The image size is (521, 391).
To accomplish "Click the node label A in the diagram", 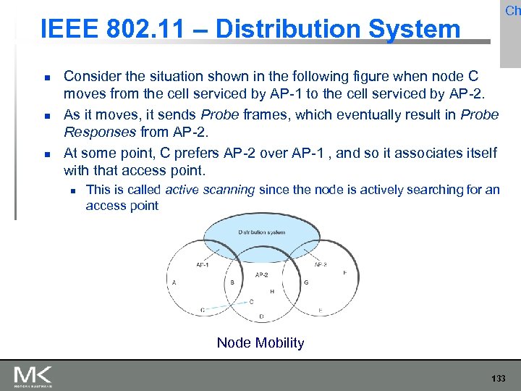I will click(174, 282).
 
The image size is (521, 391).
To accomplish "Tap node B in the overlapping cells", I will click(232, 282).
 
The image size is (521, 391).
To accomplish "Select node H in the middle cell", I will click(271, 291).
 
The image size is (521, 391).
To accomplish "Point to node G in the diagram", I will click(306, 282).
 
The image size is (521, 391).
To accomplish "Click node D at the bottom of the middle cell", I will click(261, 316).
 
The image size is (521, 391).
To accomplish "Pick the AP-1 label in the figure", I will click(203, 265).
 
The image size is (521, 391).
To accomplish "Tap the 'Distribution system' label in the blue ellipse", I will click(261, 232).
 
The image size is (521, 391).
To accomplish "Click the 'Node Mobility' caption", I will click(260, 343).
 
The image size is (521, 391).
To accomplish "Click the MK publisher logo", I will click(33, 376).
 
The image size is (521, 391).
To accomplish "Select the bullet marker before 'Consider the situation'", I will click(46, 76).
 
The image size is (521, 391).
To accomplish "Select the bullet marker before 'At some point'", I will click(46, 154).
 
